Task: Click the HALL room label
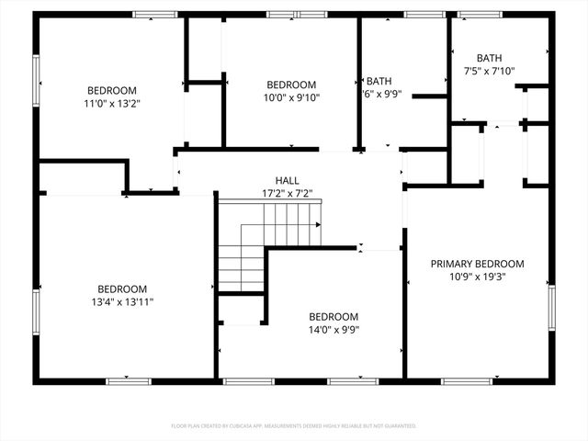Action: (x=287, y=180)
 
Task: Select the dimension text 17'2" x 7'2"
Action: (x=287, y=194)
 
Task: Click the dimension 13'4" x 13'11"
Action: (x=122, y=301)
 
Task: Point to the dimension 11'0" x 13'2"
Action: (x=112, y=104)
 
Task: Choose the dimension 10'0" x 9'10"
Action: (x=290, y=98)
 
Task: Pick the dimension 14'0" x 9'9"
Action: (x=334, y=330)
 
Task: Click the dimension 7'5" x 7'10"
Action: (x=490, y=71)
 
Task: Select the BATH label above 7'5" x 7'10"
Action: (x=490, y=58)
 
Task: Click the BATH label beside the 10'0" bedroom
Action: (x=379, y=81)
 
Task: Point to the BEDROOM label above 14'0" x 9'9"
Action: (x=334, y=316)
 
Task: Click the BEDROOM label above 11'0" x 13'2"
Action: (x=112, y=90)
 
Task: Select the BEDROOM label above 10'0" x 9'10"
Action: (x=290, y=85)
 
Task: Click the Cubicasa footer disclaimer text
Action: (x=294, y=426)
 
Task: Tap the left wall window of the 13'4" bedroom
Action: (x=36, y=316)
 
